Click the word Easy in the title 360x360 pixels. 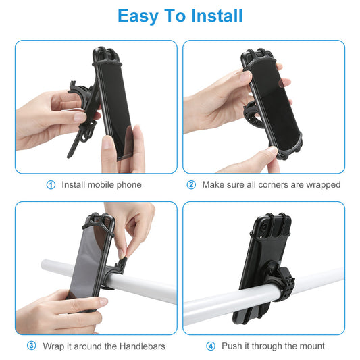[x=139, y=16]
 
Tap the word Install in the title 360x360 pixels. [x=215, y=16]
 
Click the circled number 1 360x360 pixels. [x=51, y=184]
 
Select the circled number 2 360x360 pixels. [x=191, y=184]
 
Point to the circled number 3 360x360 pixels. [x=32, y=346]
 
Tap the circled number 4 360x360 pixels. [x=211, y=346]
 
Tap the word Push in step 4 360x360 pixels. [x=232, y=346]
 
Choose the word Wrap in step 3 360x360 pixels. [x=53, y=346]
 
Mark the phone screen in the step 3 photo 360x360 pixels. [x=88, y=263]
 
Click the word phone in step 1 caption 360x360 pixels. [x=129, y=184]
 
